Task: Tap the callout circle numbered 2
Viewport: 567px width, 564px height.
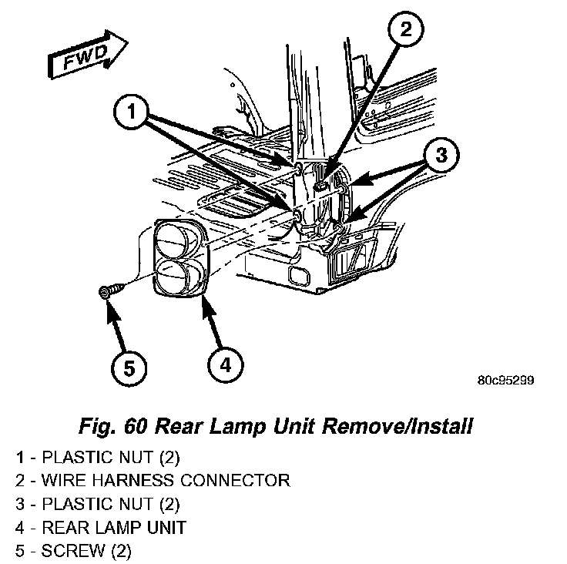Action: click(406, 32)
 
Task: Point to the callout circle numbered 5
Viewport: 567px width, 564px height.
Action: click(129, 368)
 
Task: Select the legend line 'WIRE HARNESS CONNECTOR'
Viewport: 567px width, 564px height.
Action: click(153, 481)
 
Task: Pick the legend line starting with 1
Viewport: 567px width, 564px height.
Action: click(97, 457)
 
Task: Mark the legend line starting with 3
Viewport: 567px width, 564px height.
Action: click(97, 505)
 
